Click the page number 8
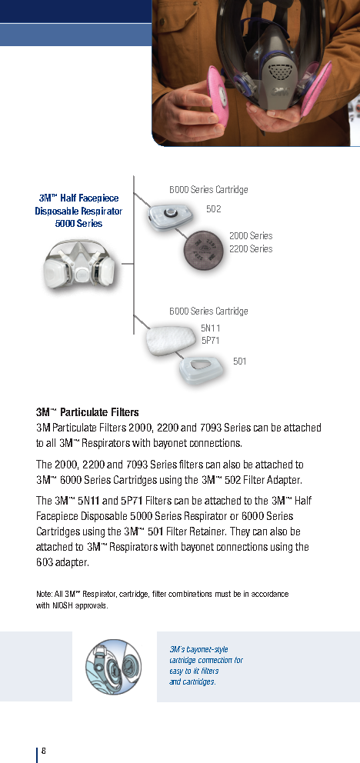(x=44, y=751)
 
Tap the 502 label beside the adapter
(x=214, y=209)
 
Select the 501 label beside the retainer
(x=240, y=360)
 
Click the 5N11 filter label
(x=211, y=328)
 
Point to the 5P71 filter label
(x=211, y=339)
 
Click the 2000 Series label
(x=251, y=236)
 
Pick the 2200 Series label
(x=251, y=249)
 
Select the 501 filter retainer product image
(x=201, y=369)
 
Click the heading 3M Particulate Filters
(x=87, y=413)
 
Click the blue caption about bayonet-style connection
(x=206, y=666)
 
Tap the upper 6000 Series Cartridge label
(x=208, y=190)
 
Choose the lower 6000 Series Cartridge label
(x=208, y=312)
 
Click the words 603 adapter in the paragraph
(x=63, y=562)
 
